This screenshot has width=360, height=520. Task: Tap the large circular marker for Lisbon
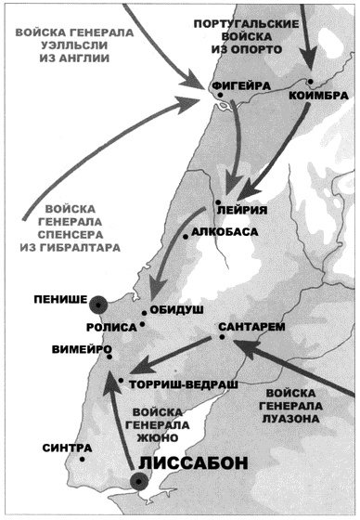[139, 480]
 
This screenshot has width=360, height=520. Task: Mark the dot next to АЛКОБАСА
[186, 237]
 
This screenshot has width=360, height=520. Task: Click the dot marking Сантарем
[223, 338]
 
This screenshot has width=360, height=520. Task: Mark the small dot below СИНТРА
[83, 459]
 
